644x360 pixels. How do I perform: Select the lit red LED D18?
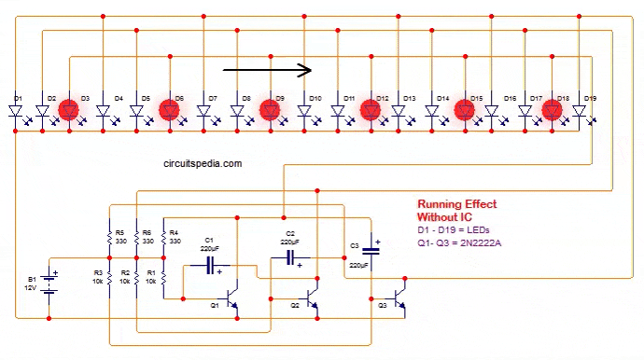click(551, 110)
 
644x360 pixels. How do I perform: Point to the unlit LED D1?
click(17, 111)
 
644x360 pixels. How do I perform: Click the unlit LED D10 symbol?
click(305, 111)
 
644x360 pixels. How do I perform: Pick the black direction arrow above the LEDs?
click(266, 69)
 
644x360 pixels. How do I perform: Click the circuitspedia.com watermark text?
click(201, 163)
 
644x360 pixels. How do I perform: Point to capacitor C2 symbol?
click(291, 256)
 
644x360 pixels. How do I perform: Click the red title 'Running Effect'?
click(456, 204)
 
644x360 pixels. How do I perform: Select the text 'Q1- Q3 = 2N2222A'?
click(459, 243)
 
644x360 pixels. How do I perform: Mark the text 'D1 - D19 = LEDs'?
click(454, 229)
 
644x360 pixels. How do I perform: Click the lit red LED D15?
click(464, 110)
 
